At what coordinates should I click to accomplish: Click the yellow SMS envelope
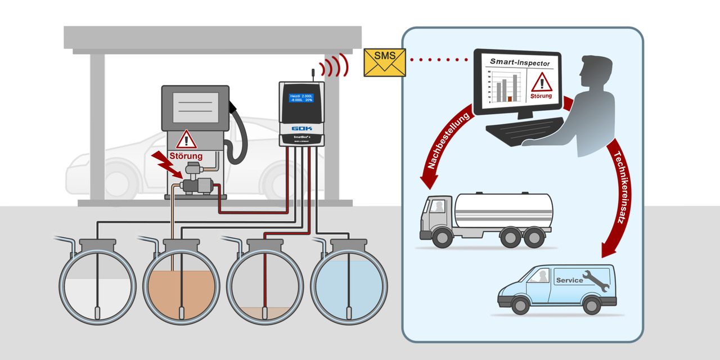click(385, 62)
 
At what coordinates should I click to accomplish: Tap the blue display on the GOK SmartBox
click(301, 99)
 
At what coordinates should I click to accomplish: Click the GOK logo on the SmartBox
click(301, 128)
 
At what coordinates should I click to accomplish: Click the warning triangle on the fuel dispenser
click(186, 139)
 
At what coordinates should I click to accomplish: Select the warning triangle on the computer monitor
click(541, 82)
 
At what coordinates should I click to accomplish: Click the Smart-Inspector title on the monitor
click(519, 62)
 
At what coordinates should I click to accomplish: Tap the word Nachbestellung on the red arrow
click(448, 142)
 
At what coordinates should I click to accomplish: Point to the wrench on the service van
click(596, 280)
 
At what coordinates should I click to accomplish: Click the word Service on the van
click(569, 280)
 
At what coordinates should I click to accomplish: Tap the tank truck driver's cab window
click(437, 206)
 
